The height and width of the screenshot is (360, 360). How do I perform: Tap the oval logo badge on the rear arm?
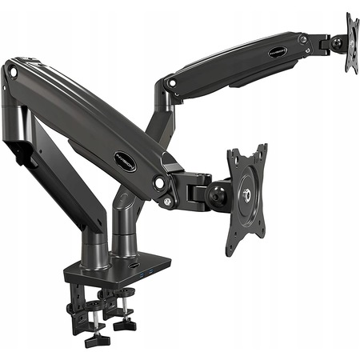278,52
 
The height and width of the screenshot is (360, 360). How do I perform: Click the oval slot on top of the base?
130,267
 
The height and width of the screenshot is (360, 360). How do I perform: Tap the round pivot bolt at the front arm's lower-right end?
160,183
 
